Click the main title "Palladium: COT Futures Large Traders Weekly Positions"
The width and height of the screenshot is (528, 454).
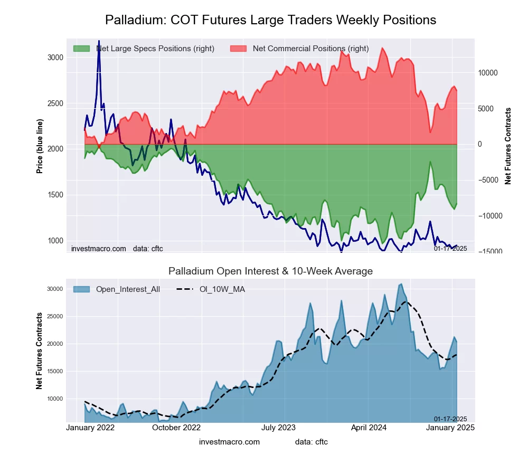pos(270,20)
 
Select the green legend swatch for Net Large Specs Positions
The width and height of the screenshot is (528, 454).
pos(81,49)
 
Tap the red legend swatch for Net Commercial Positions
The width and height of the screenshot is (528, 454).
pos(239,49)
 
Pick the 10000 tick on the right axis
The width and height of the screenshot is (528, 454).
pos(489,73)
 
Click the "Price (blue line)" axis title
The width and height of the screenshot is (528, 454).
pos(40,146)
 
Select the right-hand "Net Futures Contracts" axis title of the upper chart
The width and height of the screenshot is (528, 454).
pos(508,146)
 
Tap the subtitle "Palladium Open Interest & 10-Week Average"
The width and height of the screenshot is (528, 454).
pos(270,271)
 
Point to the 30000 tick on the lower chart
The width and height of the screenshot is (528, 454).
pos(55,289)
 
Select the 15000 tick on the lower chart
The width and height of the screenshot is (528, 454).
pos(55,371)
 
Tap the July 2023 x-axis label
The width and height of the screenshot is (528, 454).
pos(279,428)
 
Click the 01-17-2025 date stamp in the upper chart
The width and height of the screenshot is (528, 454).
pos(450,248)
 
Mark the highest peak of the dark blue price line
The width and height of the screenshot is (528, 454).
pos(99,41)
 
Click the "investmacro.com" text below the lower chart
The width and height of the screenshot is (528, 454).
pos(229,442)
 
